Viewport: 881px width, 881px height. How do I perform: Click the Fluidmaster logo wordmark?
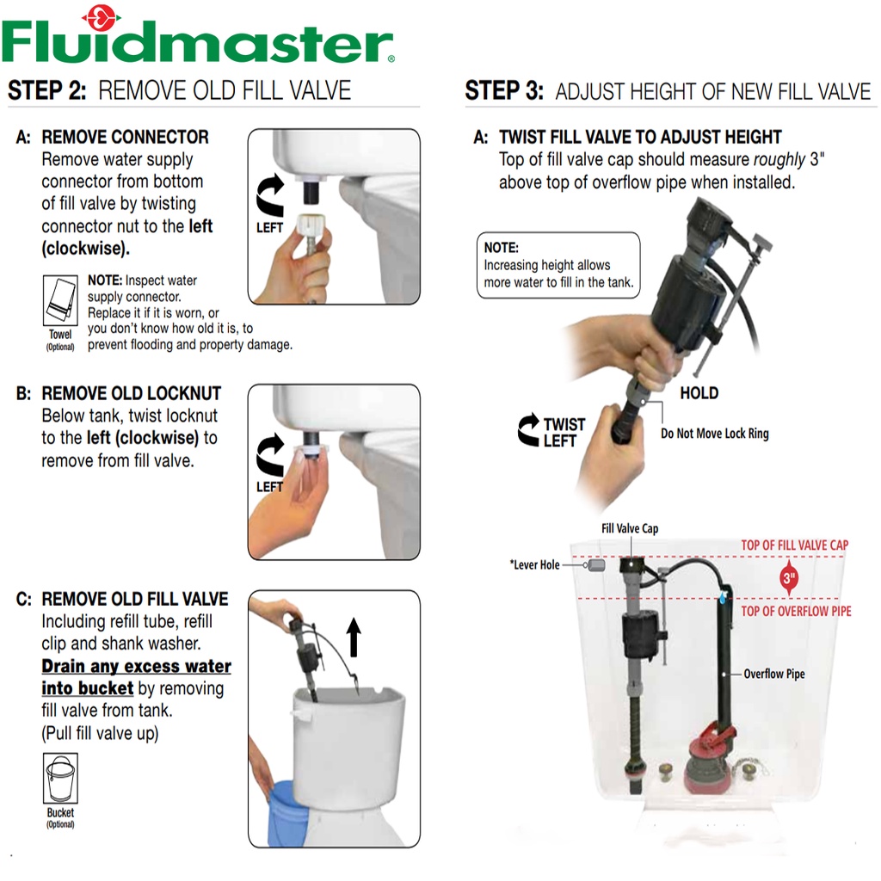(198, 40)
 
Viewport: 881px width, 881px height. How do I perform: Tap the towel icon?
(61, 300)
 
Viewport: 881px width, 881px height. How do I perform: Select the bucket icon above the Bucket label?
(61, 778)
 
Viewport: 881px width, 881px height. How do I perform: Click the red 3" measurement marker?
(790, 577)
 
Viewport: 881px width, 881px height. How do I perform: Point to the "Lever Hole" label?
(535, 564)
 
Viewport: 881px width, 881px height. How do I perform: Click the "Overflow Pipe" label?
(774, 674)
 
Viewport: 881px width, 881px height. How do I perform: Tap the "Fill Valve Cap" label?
(629, 528)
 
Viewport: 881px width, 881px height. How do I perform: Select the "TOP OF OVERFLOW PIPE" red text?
(796, 611)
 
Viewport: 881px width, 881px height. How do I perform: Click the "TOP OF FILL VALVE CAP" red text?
(794, 545)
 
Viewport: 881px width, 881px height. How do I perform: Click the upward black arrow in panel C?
(354, 638)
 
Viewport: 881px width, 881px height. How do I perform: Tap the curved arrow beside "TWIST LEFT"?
(528, 430)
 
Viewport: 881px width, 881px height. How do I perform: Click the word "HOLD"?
(699, 392)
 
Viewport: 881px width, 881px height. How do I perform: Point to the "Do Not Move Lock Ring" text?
(715, 434)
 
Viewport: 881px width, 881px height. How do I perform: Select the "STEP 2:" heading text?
(47, 90)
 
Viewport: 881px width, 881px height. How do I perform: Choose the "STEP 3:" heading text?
(504, 90)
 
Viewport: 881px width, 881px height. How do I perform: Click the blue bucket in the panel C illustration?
(287, 812)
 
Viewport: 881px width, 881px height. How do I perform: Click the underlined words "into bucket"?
(88, 688)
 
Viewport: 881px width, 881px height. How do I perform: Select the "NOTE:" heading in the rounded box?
(502, 248)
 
